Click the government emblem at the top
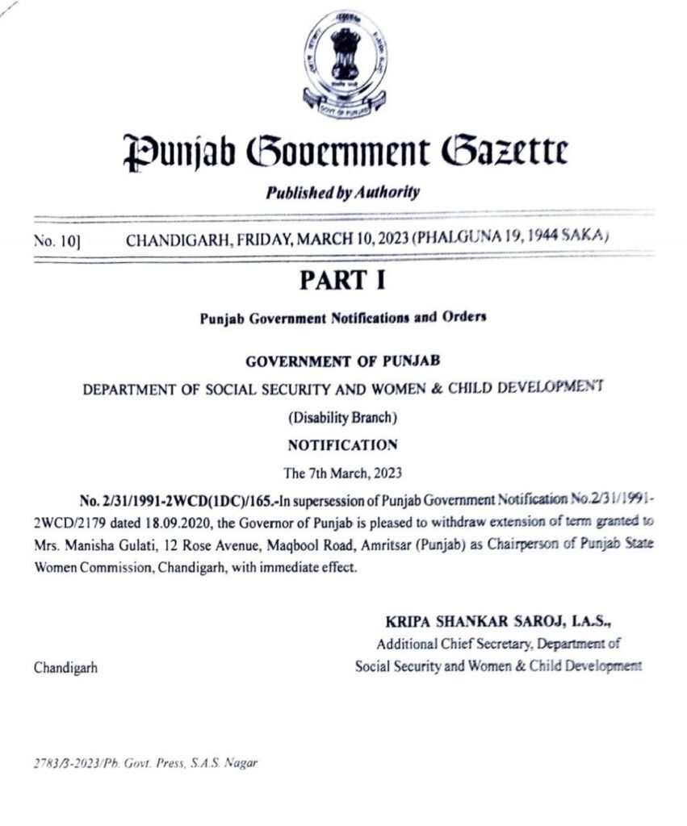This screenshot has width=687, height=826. pyautogui.click(x=343, y=61)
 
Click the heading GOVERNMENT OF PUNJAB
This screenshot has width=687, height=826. pyautogui.click(x=342, y=360)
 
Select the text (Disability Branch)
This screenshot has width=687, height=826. pyautogui.click(x=342, y=418)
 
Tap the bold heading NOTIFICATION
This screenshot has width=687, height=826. pyautogui.click(x=342, y=444)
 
